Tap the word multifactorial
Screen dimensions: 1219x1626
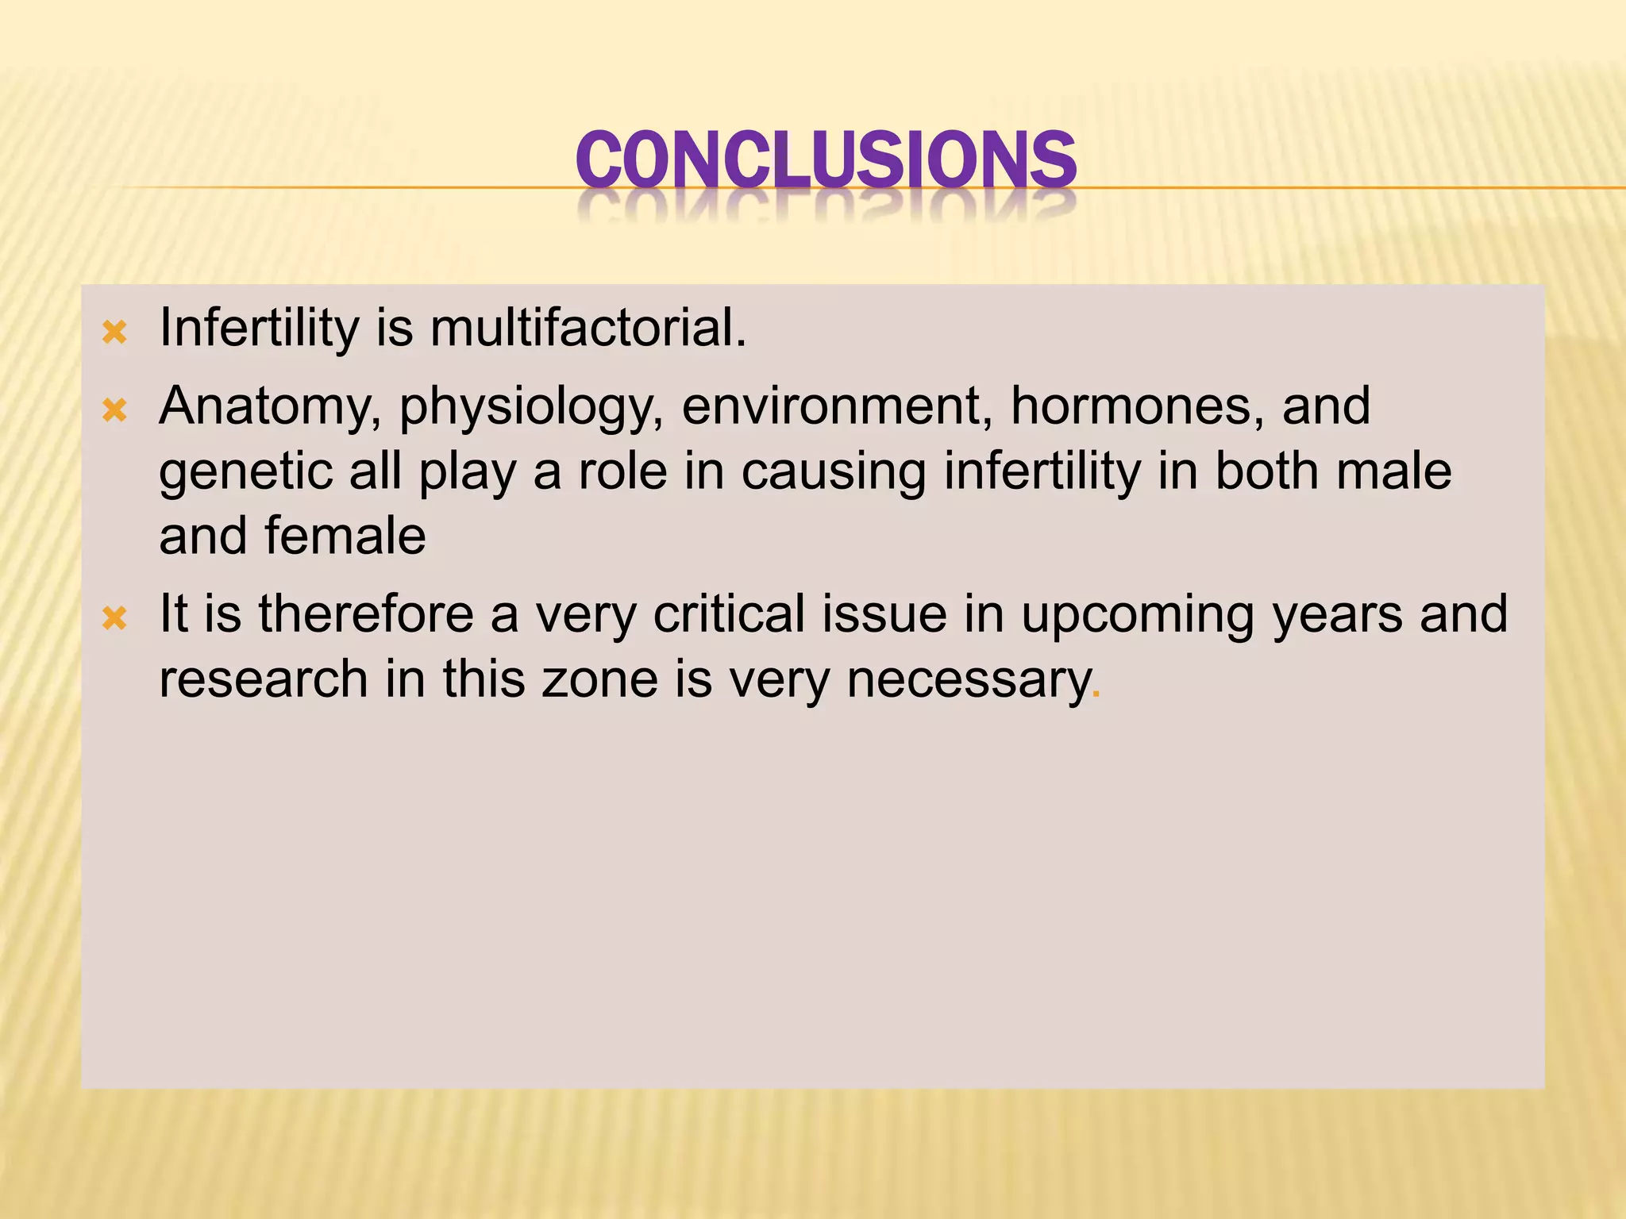coord(588,328)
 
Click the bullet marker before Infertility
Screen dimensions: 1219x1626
coord(115,333)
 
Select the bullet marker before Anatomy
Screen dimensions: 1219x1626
coord(115,410)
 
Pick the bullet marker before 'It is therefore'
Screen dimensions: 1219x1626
coord(115,617)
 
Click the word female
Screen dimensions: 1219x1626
coord(345,536)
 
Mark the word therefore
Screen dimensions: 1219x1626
coord(365,614)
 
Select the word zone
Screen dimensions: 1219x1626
coord(599,680)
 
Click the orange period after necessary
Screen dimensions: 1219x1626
coord(1096,697)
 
